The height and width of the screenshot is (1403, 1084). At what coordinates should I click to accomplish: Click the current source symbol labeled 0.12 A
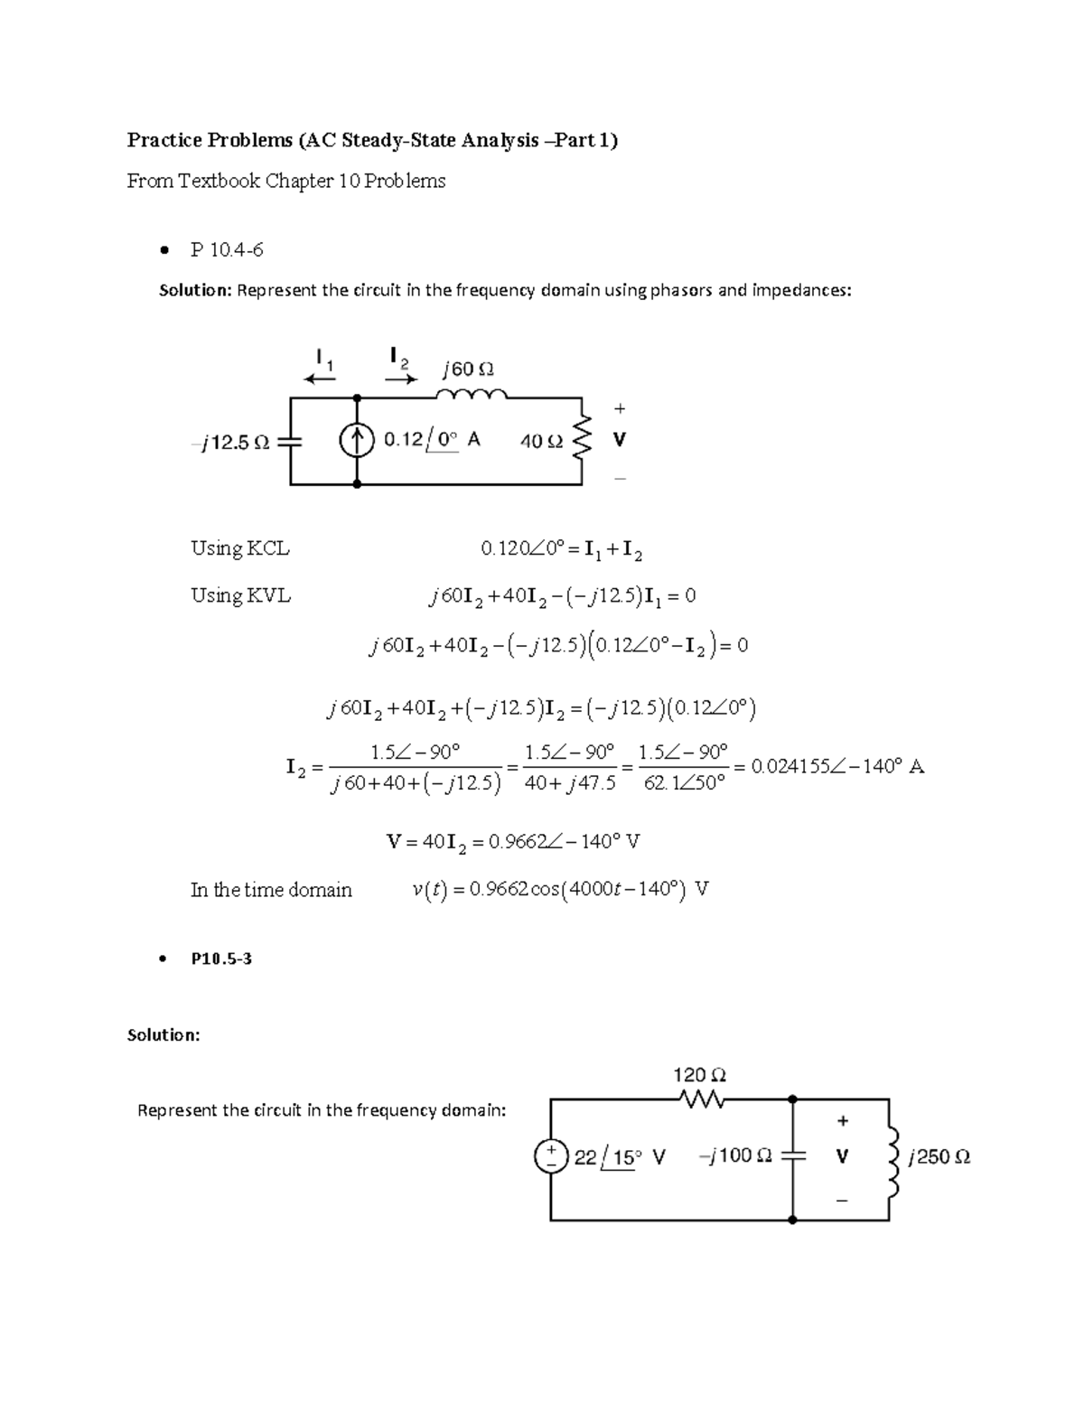[x=357, y=441]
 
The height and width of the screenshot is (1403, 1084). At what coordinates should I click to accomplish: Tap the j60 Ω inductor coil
[x=471, y=395]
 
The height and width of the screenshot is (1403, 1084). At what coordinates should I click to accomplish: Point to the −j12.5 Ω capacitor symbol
[x=290, y=442]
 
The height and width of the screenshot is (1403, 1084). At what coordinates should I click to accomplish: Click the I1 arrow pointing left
[x=320, y=379]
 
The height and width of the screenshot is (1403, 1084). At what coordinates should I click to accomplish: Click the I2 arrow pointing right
[x=400, y=379]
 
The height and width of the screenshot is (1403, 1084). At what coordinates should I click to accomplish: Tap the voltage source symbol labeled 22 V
[x=550, y=1156]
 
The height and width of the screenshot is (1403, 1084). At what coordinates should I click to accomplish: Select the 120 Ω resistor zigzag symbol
[x=699, y=1099]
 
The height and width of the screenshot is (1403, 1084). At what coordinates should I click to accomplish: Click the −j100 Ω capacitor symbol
[x=792, y=1156]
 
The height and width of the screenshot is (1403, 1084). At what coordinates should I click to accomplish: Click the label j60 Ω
[x=468, y=369]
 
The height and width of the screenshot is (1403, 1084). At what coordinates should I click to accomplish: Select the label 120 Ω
[x=699, y=1075]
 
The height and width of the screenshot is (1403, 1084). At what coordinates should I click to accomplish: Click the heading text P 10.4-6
[x=227, y=250]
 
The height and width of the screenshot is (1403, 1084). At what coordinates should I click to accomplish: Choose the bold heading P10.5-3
[x=221, y=959]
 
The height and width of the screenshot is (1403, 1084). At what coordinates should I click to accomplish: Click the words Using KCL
[x=239, y=548]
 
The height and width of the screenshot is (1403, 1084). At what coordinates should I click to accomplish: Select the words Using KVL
[x=240, y=595]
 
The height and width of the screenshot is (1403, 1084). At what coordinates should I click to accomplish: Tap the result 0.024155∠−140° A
[x=837, y=767]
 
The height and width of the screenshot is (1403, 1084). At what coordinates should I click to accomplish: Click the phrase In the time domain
[x=271, y=890]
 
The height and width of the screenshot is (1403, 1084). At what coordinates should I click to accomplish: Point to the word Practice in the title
[x=164, y=140]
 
